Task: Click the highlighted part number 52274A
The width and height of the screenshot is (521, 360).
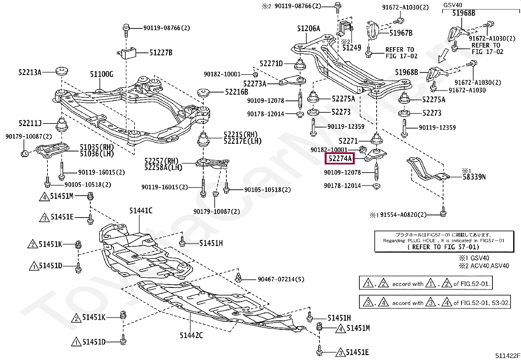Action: pos(340,159)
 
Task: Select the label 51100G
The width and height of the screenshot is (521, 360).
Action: pos(102,74)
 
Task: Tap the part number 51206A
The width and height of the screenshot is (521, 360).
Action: pos(309,28)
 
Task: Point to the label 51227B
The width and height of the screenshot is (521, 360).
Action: pos(161,53)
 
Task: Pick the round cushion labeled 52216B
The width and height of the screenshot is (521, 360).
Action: pos(203,92)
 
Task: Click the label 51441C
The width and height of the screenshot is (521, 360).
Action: pos(141,211)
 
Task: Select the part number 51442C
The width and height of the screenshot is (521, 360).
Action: pos(191,335)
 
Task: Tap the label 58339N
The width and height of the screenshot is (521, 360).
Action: pos(474,177)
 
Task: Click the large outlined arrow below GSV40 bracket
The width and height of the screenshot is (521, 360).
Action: pos(443,56)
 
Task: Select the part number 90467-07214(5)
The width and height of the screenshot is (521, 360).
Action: pos(281,279)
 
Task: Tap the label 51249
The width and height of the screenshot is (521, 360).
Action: pos(352,48)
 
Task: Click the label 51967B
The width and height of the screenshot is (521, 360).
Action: pos(401,33)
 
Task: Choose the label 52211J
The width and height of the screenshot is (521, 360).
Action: pos(30,123)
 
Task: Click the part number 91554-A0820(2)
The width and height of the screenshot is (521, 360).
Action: pos(403,215)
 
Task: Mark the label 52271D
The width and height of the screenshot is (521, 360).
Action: pos(271,64)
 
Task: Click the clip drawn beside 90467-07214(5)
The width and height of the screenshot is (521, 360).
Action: pos(238,277)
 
